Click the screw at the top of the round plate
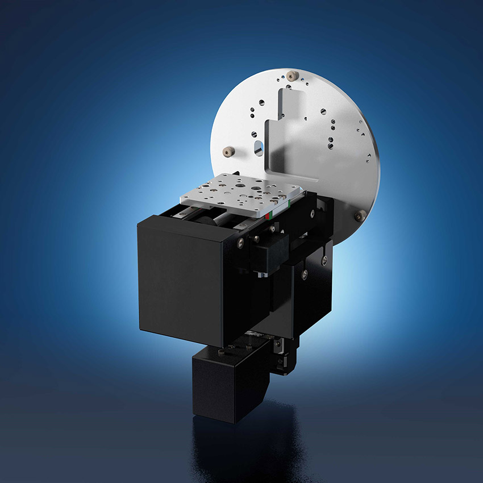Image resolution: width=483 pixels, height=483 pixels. (292, 75)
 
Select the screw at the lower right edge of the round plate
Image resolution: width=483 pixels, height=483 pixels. (360, 215)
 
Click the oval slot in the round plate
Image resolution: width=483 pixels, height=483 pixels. (257, 147)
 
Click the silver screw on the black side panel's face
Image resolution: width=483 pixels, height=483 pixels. (305, 274)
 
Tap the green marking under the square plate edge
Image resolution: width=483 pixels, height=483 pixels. (277, 211)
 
